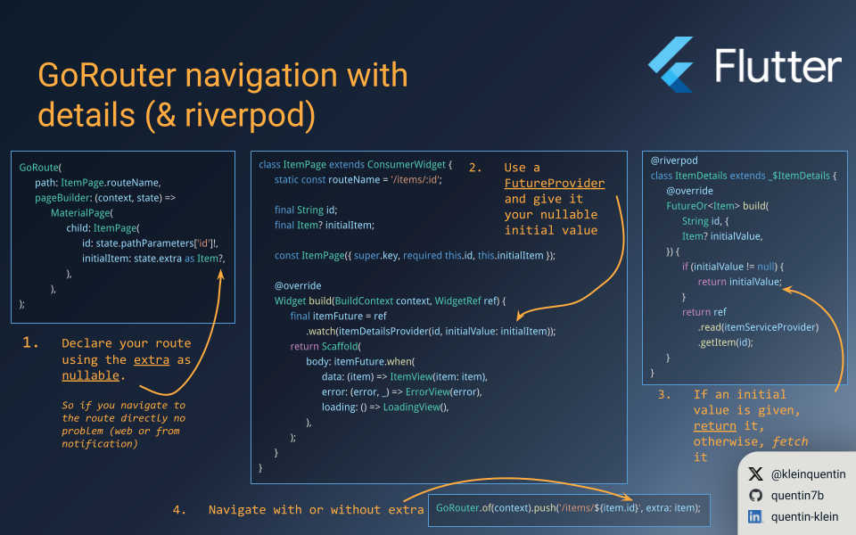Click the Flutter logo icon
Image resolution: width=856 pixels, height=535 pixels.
tap(671, 64)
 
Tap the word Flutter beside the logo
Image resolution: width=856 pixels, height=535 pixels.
tap(778, 67)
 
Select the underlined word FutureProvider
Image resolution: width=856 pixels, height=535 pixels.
tap(554, 184)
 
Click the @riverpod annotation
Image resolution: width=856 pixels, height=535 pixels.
tap(674, 160)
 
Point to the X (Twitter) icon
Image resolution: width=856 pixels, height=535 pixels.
tap(755, 474)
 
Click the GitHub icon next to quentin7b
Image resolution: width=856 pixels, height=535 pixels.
tap(755, 496)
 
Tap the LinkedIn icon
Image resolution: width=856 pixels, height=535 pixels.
tap(755, 517)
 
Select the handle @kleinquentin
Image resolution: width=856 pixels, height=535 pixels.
tap(808, 474)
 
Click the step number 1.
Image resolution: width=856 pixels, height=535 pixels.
tap(31, 342)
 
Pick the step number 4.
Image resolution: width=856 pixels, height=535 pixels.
tap(179, 510)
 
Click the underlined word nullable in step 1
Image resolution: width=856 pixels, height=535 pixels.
tap(90, 375)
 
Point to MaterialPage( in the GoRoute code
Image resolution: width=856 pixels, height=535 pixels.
tap(82, 213)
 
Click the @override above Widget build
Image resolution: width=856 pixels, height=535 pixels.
tap(297, 286)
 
